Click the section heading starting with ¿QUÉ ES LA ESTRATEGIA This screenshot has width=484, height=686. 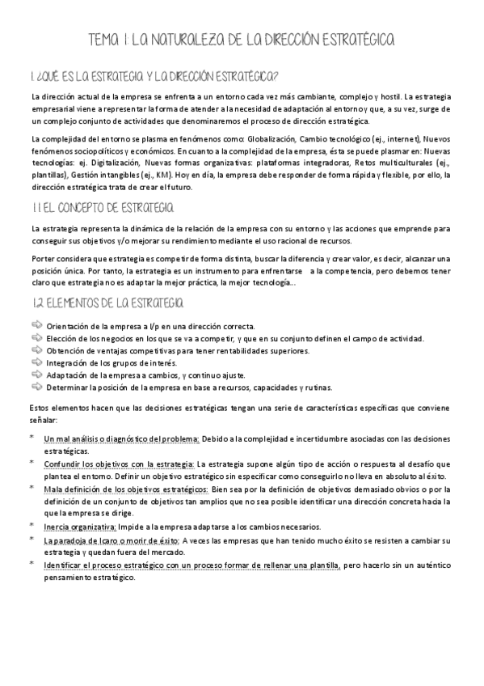click(x=154, y=77)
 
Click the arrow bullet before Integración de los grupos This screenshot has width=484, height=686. click(x=36, y=362)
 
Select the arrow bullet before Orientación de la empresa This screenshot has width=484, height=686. click(x=36, y=324)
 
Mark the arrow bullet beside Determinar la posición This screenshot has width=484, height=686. click(x=36, y=388)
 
